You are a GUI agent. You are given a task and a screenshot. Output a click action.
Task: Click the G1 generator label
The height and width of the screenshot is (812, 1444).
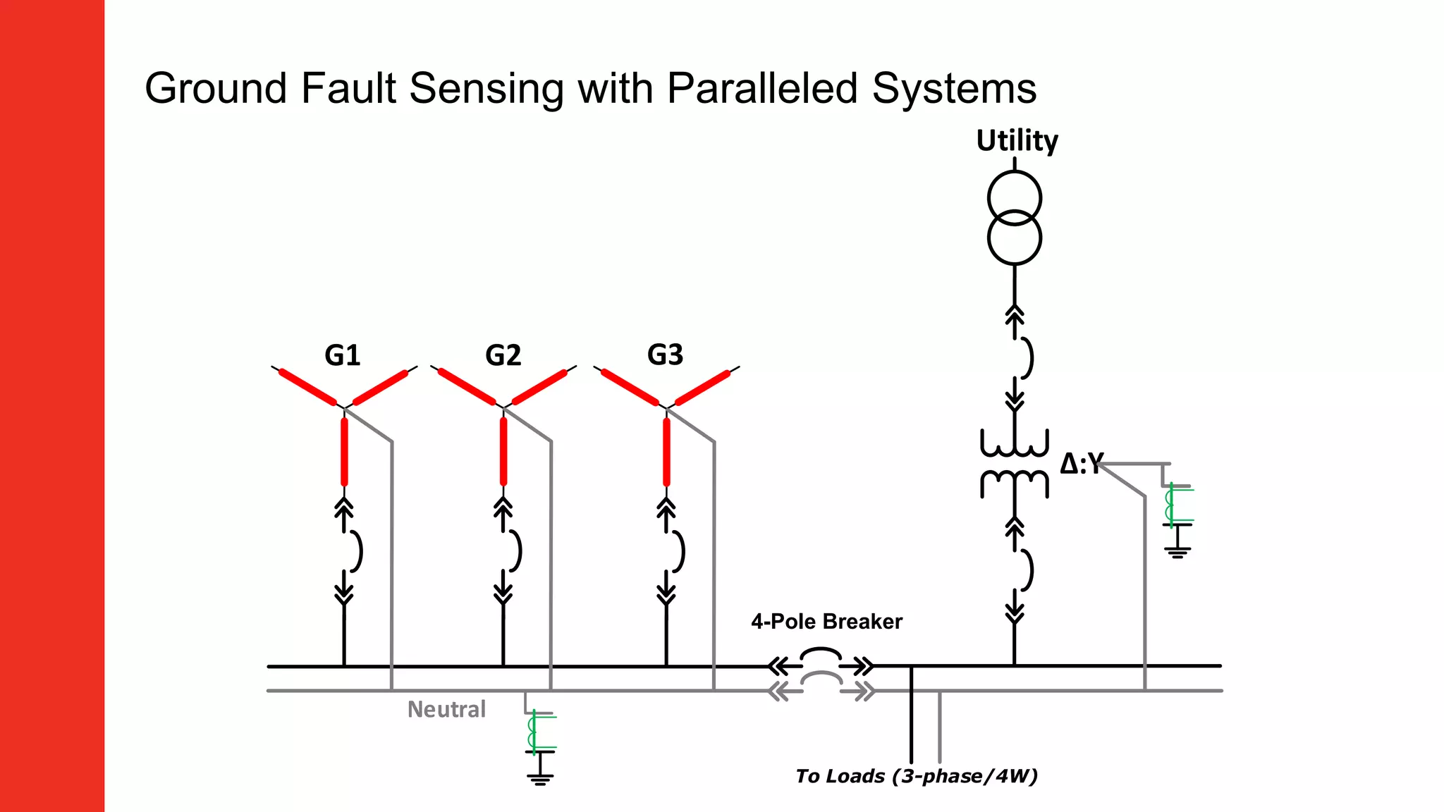tap(343, 355)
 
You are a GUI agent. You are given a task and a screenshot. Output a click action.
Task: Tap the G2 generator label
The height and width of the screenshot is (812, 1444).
tap(503, 355)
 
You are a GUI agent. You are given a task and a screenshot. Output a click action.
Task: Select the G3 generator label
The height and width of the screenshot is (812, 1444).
tap(665, 355)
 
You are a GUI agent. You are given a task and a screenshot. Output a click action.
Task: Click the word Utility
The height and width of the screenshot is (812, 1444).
tap(1017, 140)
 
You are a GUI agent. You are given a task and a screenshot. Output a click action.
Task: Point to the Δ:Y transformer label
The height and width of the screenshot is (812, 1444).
tap(1081, 464)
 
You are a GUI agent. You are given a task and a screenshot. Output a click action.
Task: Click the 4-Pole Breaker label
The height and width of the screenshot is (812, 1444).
tap(826, 622)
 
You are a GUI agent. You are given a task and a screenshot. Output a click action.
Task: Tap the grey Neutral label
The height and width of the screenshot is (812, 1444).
tap(446, 709)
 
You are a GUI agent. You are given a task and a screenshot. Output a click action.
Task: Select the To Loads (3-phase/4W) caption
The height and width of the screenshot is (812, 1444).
tap(916, 776)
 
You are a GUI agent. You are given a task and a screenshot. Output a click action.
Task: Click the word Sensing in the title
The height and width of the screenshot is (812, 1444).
tap(486, 89)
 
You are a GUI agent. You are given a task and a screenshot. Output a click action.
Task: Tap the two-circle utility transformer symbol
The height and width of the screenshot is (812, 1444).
tap(1014, 217)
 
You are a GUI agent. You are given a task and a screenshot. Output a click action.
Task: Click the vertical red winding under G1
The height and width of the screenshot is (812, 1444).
tap(344, 451)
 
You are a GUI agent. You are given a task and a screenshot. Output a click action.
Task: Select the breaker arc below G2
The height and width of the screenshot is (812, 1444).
tap(518, 550)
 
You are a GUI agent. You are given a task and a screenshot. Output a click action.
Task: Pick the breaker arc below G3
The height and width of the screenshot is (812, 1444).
tap(680, 550)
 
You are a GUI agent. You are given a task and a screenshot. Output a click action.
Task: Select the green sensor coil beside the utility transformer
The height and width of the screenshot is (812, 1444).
tap(1170, 505)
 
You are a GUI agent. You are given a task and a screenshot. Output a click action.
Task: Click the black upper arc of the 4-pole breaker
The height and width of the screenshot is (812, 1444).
tap(821, 653)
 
